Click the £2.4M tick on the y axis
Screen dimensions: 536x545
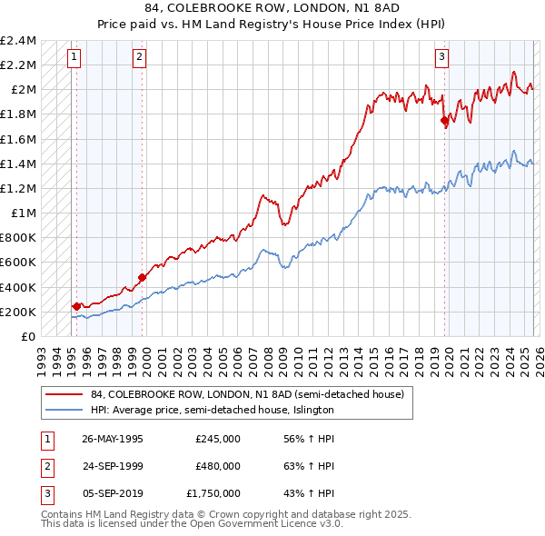pos(18,41)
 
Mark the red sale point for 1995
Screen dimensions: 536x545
pos(76,306)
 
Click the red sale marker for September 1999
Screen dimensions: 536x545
pos(142,277)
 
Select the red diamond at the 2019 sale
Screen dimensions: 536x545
pos(444,120)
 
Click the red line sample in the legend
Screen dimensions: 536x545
pos(64,394)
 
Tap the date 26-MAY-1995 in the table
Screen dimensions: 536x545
pos(112,438)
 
